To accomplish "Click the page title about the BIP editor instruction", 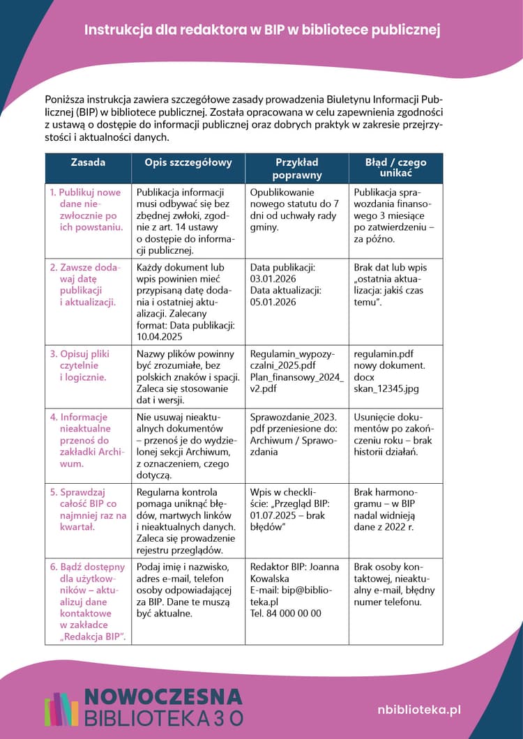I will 261,30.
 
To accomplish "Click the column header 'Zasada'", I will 89,162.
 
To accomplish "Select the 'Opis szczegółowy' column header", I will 188,162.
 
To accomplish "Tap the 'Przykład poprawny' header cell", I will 297,168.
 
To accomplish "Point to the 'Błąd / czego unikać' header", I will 395,167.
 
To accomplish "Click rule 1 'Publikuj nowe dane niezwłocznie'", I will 86,209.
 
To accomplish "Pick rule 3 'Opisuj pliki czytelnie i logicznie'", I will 80,365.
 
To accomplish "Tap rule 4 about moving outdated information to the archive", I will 84,440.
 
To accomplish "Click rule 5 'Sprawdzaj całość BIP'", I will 88,509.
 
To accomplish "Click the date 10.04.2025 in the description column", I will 163,335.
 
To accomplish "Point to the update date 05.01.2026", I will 273,302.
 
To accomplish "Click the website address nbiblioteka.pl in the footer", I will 419,709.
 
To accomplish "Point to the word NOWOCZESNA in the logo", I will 163,696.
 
